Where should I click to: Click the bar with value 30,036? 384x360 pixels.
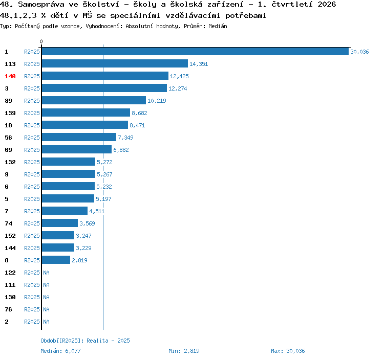(195, 51)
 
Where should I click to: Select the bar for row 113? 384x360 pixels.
(115, 63)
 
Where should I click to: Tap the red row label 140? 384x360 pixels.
(10, 76)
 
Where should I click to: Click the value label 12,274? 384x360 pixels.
(178, 88)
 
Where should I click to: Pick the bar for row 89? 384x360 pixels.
(94, 100)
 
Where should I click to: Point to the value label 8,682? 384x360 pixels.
(139, 113)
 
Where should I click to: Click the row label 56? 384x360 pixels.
(8, 138)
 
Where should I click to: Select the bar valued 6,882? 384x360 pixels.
(77, 149)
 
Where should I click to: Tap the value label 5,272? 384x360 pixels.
(104, 162)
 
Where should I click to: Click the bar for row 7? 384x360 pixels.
(65, 211)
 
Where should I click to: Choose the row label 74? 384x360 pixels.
(8, 223)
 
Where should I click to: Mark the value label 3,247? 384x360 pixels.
(83, 236)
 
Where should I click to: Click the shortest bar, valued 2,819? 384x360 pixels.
(56, 260)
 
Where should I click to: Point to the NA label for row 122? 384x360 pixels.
(46, 273)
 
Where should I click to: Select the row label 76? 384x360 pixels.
(8, 309)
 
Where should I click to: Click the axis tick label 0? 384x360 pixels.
(41, 41)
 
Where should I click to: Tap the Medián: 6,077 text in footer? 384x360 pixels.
(60, 351)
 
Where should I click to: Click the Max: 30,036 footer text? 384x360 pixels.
(288, 351)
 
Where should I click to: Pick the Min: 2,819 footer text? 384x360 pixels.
(184, 351)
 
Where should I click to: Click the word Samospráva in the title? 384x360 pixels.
(41, 5)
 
